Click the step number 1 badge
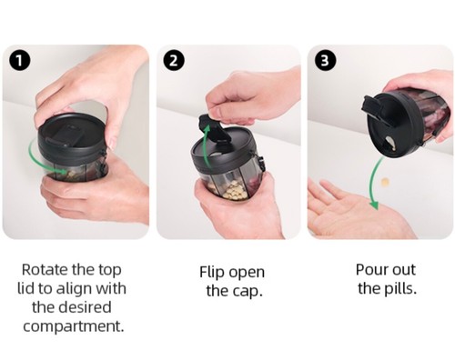(19, 60)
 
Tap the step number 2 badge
(174, 60)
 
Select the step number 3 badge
(325, 60)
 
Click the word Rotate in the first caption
(44, 269)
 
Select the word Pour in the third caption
(371, 269)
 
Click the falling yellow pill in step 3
(385, 182)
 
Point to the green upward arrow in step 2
(207, 145)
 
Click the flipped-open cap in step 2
(215, 130)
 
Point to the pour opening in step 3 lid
(389, 143)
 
